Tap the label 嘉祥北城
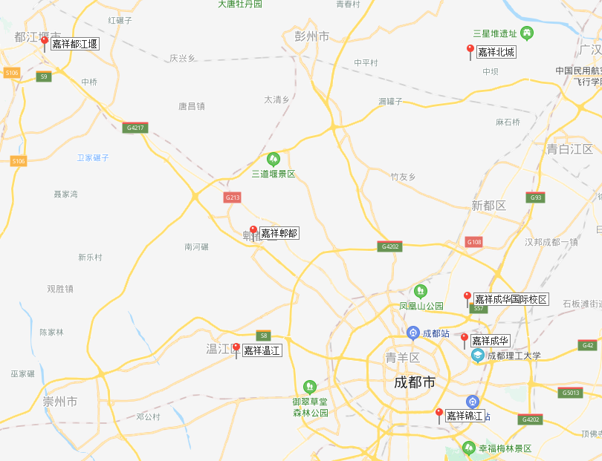click(496, 52)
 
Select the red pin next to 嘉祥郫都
click(253, 231)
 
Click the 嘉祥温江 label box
click(262, 350)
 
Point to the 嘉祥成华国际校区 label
click(511, 299)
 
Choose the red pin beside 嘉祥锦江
click(439, 413)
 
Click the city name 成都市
click(415, 383)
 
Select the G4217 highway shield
click(135, 128)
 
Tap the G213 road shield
click(233, 197)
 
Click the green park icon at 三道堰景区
click(274, 159)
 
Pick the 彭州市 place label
click(312, 35)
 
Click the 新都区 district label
click(488, 205)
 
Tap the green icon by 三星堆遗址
click(528, 33)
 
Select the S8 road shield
click(263, 335)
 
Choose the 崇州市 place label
click(59, 402)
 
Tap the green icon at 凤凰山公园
click(421, 290)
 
